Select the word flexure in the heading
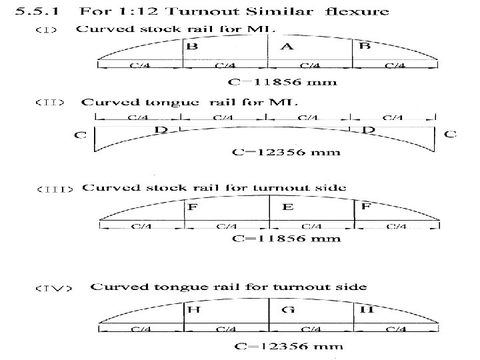point(359,11)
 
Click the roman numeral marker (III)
point(54,189)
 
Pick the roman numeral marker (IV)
point(51,289)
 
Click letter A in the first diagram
point(287,46)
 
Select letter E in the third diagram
point(287,208)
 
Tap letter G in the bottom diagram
point(289,310)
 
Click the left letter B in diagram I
point(191,47)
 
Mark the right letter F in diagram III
point(366,208)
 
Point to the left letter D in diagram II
point(161,130)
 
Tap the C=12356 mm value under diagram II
point(286,152)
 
